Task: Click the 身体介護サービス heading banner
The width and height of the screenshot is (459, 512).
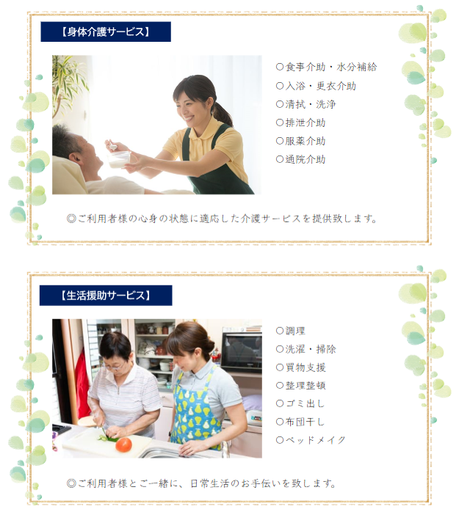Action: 106,32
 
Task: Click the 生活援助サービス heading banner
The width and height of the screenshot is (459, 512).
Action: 106,296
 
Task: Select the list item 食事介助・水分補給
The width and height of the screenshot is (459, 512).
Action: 326,67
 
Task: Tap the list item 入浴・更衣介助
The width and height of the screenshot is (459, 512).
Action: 316,86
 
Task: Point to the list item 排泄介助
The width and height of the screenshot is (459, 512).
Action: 300,122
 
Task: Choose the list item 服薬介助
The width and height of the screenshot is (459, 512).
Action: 300,141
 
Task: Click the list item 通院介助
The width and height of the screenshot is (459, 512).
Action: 300,159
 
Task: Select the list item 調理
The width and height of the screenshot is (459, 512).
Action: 290,331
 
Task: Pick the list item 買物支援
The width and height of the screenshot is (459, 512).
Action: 300,367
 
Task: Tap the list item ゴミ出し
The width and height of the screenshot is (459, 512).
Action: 300,403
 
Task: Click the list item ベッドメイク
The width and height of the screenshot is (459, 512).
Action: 311,440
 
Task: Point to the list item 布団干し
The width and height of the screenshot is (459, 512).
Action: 300,422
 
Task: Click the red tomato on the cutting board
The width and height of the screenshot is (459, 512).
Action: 123,445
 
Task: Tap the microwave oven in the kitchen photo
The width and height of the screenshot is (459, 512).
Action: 242,349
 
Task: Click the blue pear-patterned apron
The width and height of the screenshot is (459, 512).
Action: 195,412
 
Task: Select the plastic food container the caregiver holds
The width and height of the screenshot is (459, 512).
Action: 119,160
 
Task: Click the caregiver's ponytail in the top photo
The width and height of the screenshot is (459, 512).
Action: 223,113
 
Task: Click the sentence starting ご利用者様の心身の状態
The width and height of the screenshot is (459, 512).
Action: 222,219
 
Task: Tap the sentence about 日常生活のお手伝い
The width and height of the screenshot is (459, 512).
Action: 201,483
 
